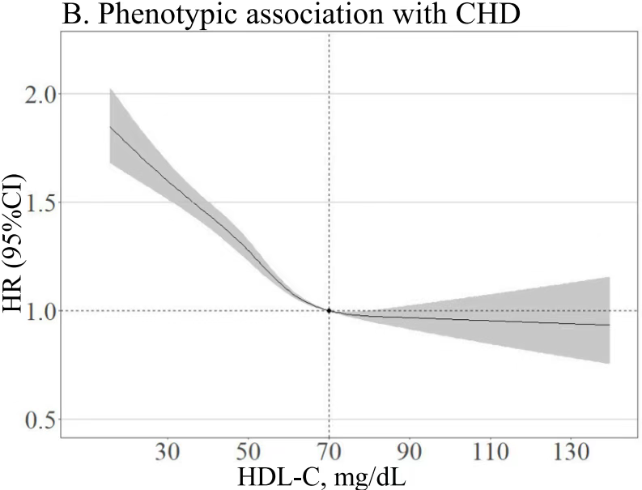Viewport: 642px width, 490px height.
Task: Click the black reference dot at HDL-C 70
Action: click(329, 310)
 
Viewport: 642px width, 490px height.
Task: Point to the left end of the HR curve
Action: click(110, 126)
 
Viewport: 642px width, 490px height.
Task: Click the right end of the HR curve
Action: click(609, 325)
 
